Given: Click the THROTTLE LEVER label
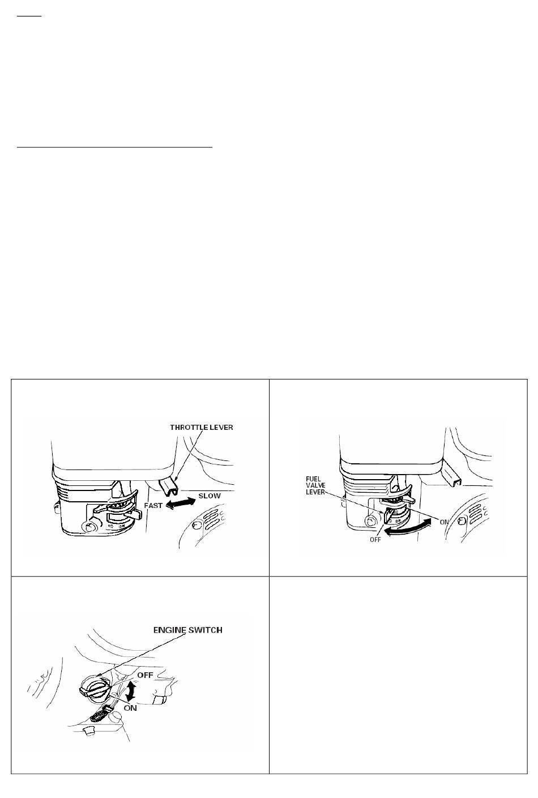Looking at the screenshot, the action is point(202,428).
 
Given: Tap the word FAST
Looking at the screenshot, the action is point(153,506).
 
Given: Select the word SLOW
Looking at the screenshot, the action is point(210,496).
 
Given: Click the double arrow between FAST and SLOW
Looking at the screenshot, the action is point(181,503).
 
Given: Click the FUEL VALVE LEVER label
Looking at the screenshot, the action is point(315,485).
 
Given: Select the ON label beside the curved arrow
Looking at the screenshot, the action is point(445,522).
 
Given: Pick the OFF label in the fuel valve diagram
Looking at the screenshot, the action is point(375,540).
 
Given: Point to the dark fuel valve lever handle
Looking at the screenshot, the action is point(388,516).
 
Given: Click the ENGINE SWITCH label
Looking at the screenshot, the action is point(188,630).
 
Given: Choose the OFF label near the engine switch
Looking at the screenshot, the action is point(145,675).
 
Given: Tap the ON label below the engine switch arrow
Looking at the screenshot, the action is point(130,708).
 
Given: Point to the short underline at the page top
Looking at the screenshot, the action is point(29,16).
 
